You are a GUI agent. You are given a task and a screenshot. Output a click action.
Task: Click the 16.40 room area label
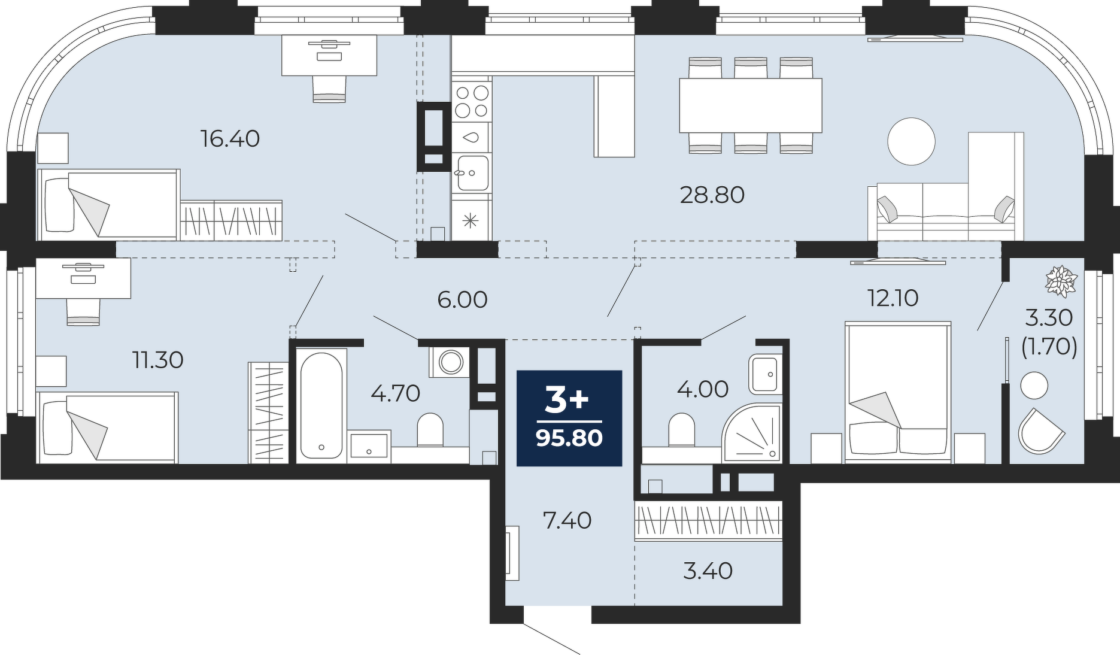point(230,139)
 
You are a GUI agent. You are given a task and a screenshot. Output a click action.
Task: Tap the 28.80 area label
point(712,195)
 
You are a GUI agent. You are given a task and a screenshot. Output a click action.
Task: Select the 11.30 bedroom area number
point(158,360)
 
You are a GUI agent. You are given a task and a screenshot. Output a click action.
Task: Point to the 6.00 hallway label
point(462,299)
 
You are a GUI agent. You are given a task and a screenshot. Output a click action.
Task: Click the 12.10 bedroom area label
point(893,298)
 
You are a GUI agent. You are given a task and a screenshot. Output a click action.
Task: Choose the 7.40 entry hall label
point(567,520)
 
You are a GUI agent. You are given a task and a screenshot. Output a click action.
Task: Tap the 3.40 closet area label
point(708,571)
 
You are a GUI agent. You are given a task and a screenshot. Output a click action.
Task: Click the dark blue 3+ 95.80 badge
point(569,418)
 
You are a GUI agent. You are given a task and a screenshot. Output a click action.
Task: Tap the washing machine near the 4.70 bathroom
point(450,362)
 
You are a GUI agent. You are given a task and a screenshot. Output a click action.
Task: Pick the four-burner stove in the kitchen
point(472,101)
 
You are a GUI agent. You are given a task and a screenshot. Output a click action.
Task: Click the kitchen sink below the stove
point(472,172)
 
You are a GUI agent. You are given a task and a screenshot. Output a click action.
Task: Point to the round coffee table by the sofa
point(911,141)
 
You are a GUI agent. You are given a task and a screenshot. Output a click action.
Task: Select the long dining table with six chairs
point(750,105)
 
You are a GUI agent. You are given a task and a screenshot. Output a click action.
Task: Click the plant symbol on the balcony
point(1061,281)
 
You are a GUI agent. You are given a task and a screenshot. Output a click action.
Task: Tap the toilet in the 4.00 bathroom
point(681,430)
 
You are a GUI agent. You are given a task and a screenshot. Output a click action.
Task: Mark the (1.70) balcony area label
point(1049,347)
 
